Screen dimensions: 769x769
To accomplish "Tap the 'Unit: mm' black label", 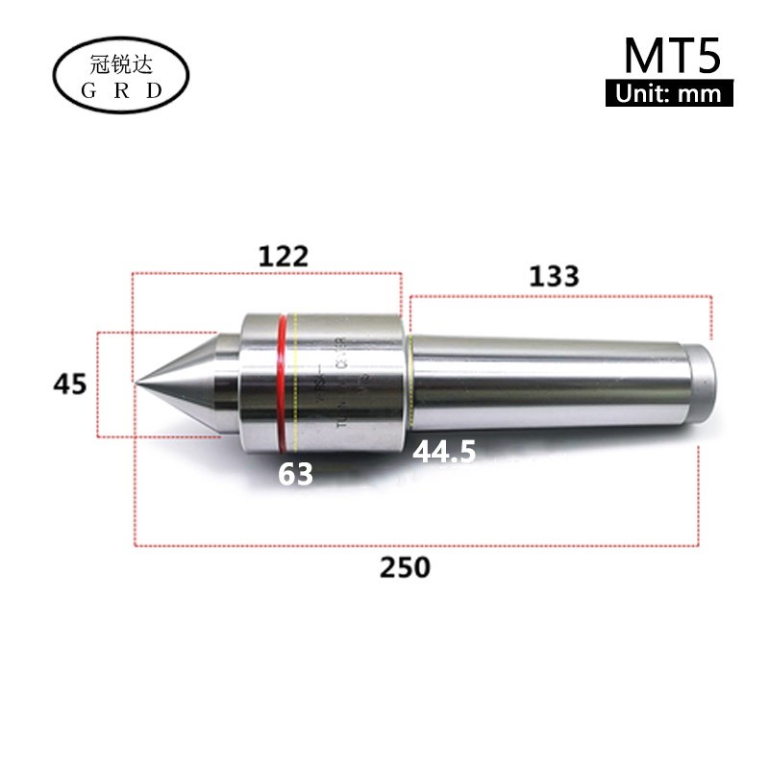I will (x=669, y=94).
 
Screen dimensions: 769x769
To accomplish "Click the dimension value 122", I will (x=284, y=257).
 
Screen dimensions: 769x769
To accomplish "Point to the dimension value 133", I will (x=555, y=277).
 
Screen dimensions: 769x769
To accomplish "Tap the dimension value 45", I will (x=70, y=384).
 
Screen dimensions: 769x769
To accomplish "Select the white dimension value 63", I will (x=297, y=474).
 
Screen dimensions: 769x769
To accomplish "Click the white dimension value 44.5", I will (x=444, y=452).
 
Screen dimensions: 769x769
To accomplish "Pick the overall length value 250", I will (x=405, y=567).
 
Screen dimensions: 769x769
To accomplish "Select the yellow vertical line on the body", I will (x=298, y=384).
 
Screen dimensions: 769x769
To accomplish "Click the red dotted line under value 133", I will (x=558, y=296).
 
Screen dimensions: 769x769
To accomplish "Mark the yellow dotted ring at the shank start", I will (x=410, y=380).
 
